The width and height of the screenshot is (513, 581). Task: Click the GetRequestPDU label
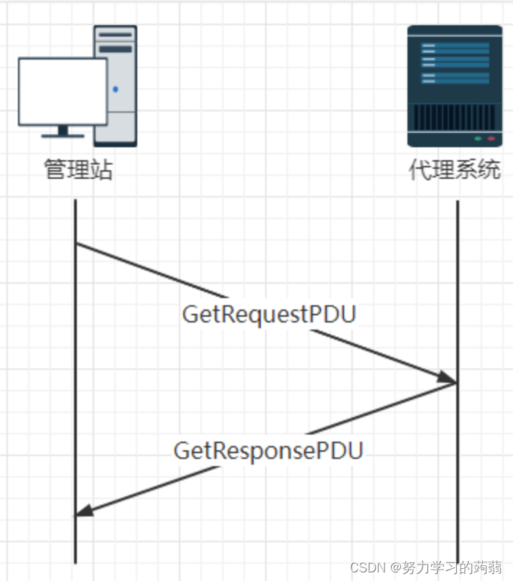(x=269, y=315)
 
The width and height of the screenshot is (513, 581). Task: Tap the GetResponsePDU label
(x=268, y=450)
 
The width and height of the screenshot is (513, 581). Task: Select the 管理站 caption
(x=78, y=170)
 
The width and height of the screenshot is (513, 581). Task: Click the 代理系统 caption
(x=454, y=170)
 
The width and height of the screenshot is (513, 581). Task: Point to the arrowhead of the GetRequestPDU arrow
(x=449, y=378)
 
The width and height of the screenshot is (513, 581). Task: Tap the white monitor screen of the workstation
(x=63, y=91)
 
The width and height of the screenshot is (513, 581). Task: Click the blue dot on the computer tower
(x=116, y=90)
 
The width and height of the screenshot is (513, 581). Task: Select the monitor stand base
(x=63, y=134)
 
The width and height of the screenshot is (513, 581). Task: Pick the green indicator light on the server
(x=478, y=138)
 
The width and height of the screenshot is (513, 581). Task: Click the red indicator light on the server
(x=491, y=138)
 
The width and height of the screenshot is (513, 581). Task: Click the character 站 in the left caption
(x=102, y=170)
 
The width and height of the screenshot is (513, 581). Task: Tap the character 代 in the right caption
(x=420, y=170)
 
